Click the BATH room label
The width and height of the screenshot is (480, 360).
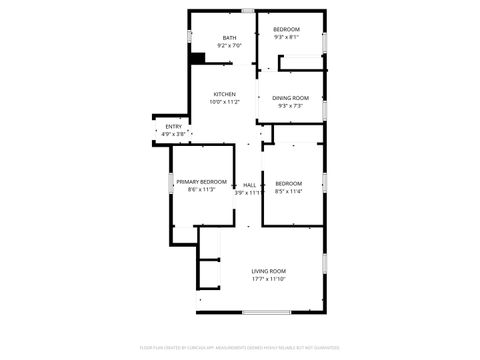(x=230, y=38)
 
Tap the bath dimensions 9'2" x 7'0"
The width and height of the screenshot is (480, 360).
(x=230, y=46)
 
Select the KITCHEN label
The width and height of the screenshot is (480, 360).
(x=224, y=94)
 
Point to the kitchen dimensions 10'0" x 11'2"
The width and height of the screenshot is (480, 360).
(x=224, y=102)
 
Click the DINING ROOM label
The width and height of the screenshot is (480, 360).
(x=291, y=97)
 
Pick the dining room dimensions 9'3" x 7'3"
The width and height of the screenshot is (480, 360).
(x=291, y=105)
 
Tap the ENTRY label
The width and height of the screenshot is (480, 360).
(x=174, y=126)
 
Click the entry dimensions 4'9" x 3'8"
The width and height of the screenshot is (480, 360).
(x=174, y=134)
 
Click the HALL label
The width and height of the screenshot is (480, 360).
(x=250, y=185)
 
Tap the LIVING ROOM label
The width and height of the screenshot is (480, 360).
(x=268, y=271)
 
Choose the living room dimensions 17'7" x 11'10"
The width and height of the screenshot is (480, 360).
(x=268, y=279)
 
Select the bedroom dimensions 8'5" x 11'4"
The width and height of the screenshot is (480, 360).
(x=288, y=191)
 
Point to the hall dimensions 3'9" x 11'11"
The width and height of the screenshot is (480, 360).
(x=249, y=193)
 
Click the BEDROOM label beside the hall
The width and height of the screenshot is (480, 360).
(x=288, y=183)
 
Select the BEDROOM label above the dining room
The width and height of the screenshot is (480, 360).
(x=287, y=30)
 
